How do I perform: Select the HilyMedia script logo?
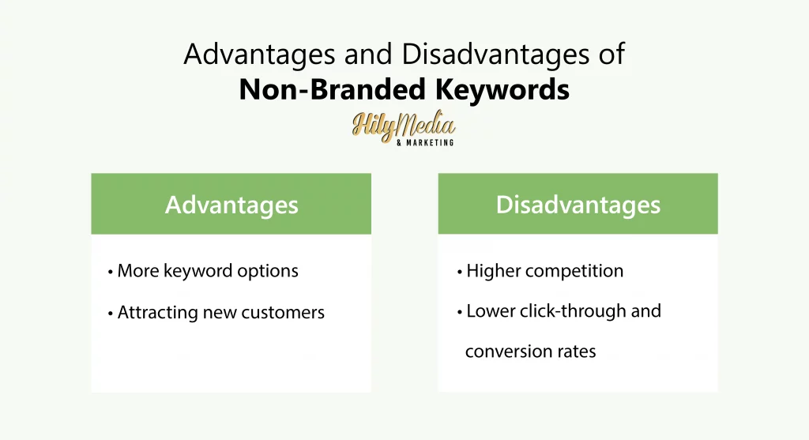pyautogui.click(x=403, y=126)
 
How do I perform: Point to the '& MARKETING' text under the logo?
pyautogui.click(x=425, y=143)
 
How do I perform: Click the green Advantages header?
pyautogui.click(x=231, y=205)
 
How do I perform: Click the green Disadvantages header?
pyautogui.click(x=578, y=205)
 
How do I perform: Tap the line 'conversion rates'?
pyautogui.click(x=530, y=352)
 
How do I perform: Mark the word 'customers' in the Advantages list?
pyautogui.click(x=285, y=313)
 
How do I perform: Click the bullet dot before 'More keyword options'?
pyautogui.click(x=111, y=273)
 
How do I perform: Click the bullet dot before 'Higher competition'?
pyautogui.click(x=460, y=273)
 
